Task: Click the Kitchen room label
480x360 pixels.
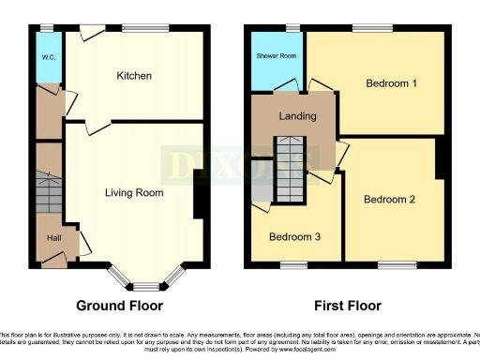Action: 134,75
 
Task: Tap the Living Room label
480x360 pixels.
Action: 133,193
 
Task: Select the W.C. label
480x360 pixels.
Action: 47,54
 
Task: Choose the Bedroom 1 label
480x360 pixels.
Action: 391,82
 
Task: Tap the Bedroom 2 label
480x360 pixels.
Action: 389,199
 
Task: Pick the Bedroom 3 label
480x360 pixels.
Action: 294,236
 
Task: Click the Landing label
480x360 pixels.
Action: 296,116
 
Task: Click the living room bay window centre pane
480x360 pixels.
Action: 144,285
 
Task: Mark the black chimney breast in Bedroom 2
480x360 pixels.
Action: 439,157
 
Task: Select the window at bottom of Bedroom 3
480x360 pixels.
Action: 293,265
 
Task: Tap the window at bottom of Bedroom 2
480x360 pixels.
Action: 391,265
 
